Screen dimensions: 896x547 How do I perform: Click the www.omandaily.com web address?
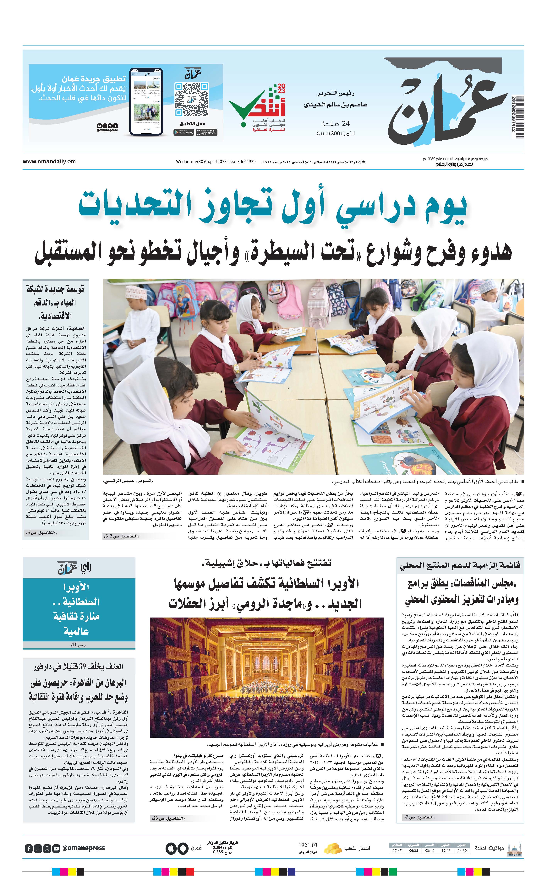click(x=49, y=161)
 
